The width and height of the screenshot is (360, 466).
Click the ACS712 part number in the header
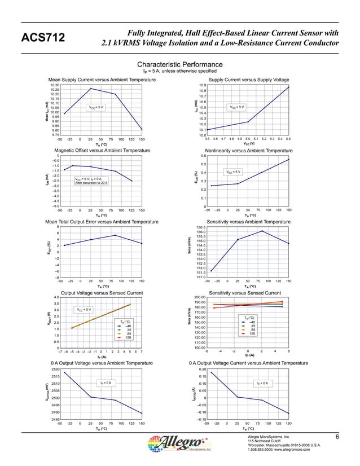tap(43, 38)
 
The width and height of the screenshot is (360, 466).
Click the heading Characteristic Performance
tap(180, 65)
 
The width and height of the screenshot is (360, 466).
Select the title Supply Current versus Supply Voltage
tap(248, 80)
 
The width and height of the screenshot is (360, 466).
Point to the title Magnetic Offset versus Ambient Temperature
tap(102, 151)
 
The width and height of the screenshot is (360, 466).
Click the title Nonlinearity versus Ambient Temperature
tap(249, 151)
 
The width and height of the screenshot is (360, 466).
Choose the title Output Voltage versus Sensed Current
tap(102, 293)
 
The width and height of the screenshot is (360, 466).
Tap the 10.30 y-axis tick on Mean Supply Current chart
tap(55, 85)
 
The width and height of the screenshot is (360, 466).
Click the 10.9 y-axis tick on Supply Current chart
tap(202, 85)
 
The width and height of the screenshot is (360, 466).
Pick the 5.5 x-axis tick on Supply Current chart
tap(288, 139)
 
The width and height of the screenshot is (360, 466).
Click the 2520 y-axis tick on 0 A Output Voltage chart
tap(55, 369)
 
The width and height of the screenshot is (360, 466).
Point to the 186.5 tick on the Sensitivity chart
tap(201, 227)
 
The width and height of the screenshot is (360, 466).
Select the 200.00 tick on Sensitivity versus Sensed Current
tap(199, 297)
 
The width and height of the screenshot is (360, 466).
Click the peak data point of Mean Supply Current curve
tap(91, 89)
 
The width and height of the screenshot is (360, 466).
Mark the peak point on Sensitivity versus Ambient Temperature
tap(262, 231)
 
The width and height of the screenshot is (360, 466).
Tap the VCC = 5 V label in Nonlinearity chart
tap(233, 172)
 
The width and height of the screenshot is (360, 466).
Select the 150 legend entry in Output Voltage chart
tap(129, 338)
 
